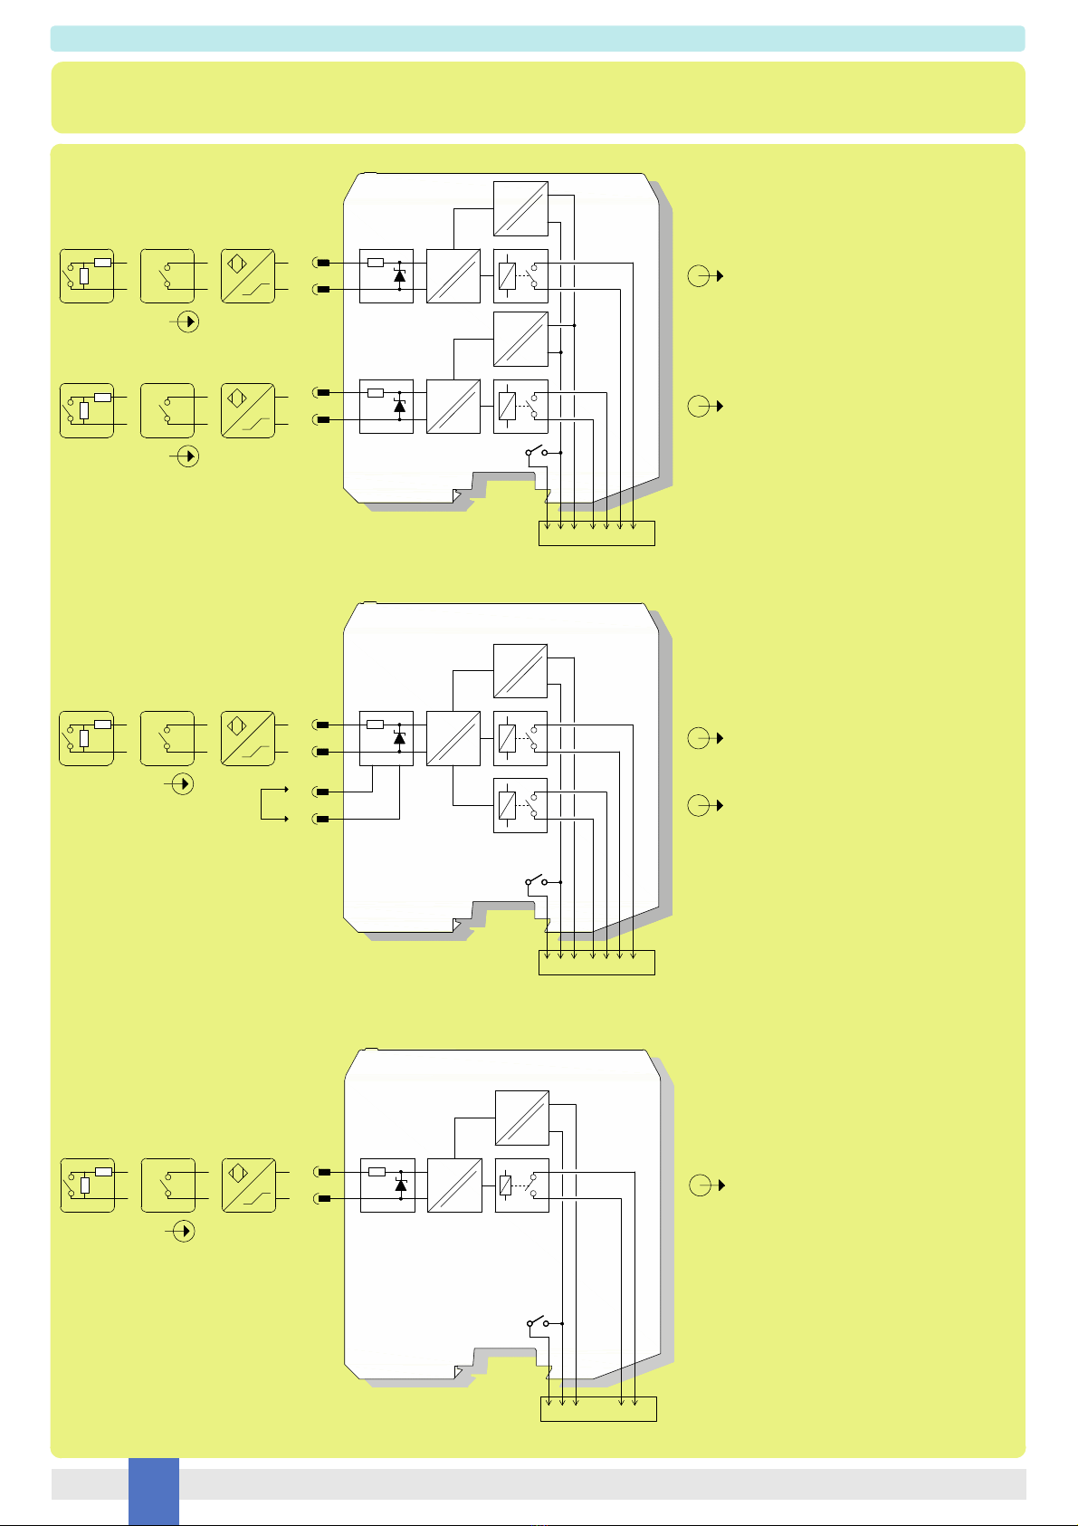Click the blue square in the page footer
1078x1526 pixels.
(153, 1490)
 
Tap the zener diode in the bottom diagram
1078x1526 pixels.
(400, 1185)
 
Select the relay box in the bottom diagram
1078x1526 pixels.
(522, 1185)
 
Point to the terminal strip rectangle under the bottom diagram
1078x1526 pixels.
(597, 1409)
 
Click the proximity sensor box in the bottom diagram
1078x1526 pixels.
(249, 1185)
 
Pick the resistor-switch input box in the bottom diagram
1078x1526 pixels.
(88, 1185)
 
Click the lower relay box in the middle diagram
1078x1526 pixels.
(520, 805)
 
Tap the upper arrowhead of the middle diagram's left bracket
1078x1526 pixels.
(286, 790)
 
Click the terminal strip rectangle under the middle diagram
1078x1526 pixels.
(596, 963)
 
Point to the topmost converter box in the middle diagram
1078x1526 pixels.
(520, 671)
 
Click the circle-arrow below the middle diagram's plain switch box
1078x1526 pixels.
(184, 784)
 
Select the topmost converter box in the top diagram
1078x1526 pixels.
(520, 208)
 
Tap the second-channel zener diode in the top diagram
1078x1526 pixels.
(399, 406)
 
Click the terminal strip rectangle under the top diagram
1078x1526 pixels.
(596, 533)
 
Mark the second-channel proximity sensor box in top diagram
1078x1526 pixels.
(248, 411)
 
